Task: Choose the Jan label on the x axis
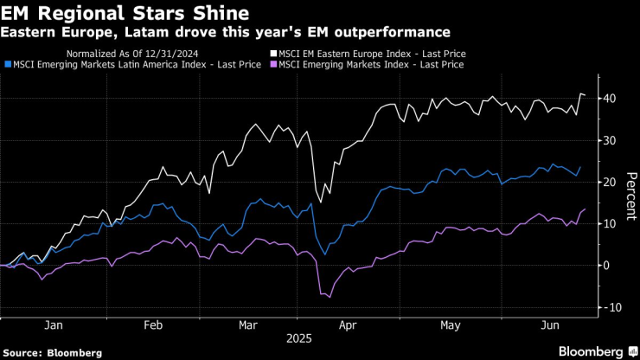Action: (x=52, y=326)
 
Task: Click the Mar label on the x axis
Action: (x=249, y=326)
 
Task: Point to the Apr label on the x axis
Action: (x=349, y=326)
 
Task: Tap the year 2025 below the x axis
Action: (x=298, y=340)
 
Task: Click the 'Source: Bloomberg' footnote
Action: (x=52, y=353)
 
